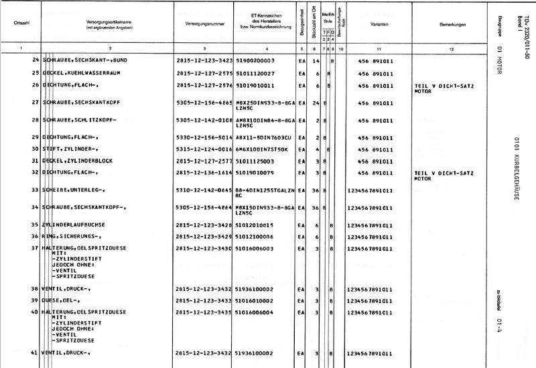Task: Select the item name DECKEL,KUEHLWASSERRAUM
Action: (81, 73)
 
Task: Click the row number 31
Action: (34, 161)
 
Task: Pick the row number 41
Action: (34, 353)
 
